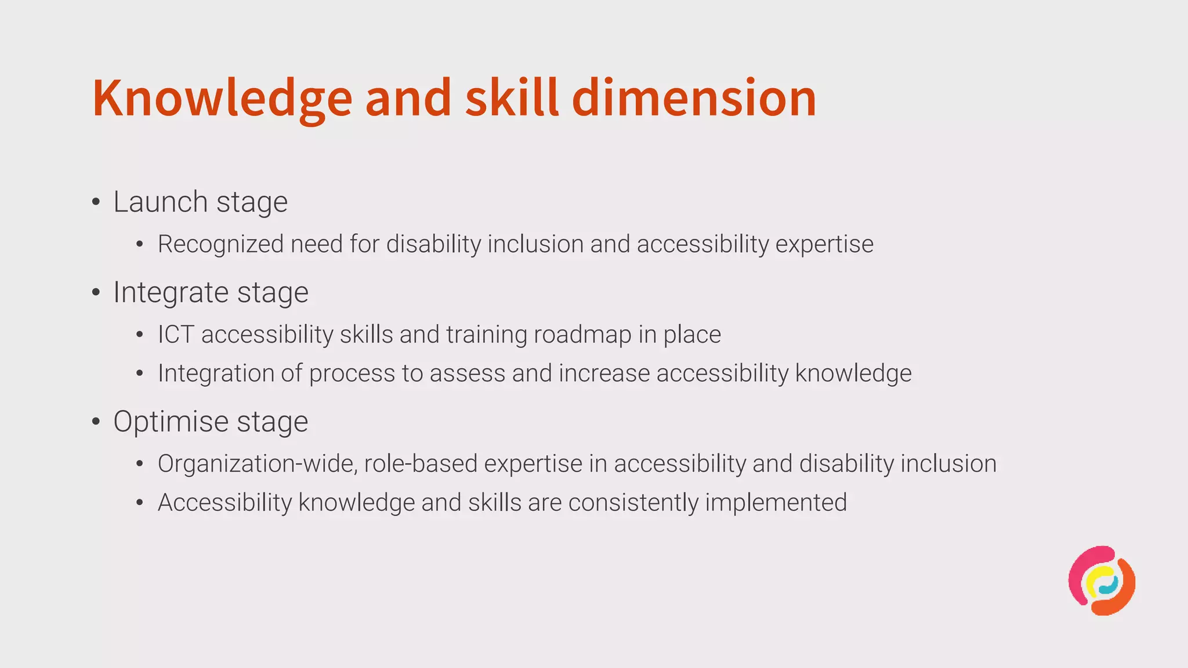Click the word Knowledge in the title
tap(222, 99)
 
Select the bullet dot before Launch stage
tap(96, 202)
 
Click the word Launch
tap(160, 202)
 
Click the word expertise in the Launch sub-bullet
tap(824, 245)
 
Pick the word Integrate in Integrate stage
tap(171, 292)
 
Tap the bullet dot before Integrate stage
tap(96, 293)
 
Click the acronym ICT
tap(176, 335)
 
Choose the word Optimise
tap(171, 422)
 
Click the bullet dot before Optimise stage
tap(96, 422)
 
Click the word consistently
tap(633, 503)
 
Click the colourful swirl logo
tap(1102, 580)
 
